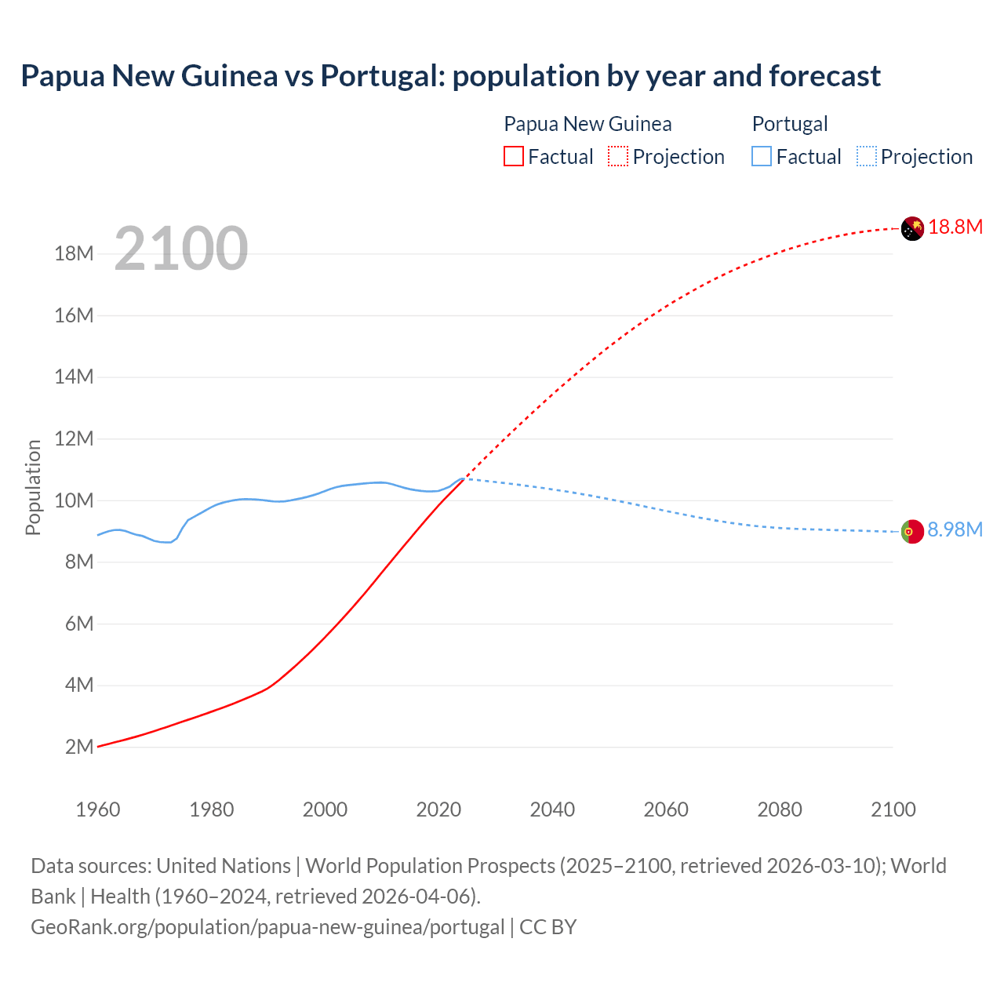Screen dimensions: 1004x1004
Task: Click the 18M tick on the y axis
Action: [74, 253]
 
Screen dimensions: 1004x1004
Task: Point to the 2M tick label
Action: [79, 747]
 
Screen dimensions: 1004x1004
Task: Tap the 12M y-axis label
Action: [74, 438]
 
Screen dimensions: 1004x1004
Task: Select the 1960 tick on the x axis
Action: [98, 809]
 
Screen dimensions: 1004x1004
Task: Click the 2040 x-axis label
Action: [552, 809]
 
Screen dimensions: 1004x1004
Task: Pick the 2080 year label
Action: [780, 809]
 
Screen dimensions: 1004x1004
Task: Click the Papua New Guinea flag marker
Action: [912, 228]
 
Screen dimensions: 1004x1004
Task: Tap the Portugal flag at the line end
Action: [912, 532]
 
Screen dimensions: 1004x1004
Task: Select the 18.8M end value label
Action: [955, 227]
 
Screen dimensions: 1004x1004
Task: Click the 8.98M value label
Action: [955, 530]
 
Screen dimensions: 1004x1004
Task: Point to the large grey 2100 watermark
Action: [181, 249]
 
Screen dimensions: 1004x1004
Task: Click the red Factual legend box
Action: [514, 157]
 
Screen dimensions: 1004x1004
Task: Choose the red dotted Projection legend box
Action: [618, 157]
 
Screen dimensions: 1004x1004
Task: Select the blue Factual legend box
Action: [762, 157]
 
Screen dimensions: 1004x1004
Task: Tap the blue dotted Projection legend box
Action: [867, 157]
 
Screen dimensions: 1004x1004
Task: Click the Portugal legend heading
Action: [790, 124]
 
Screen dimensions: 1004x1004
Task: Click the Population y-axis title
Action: [33, 487]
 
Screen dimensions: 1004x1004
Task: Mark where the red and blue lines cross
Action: [464, 478]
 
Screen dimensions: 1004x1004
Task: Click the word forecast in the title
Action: [824, 76]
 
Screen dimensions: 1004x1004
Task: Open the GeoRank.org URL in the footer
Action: [267, 927]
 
